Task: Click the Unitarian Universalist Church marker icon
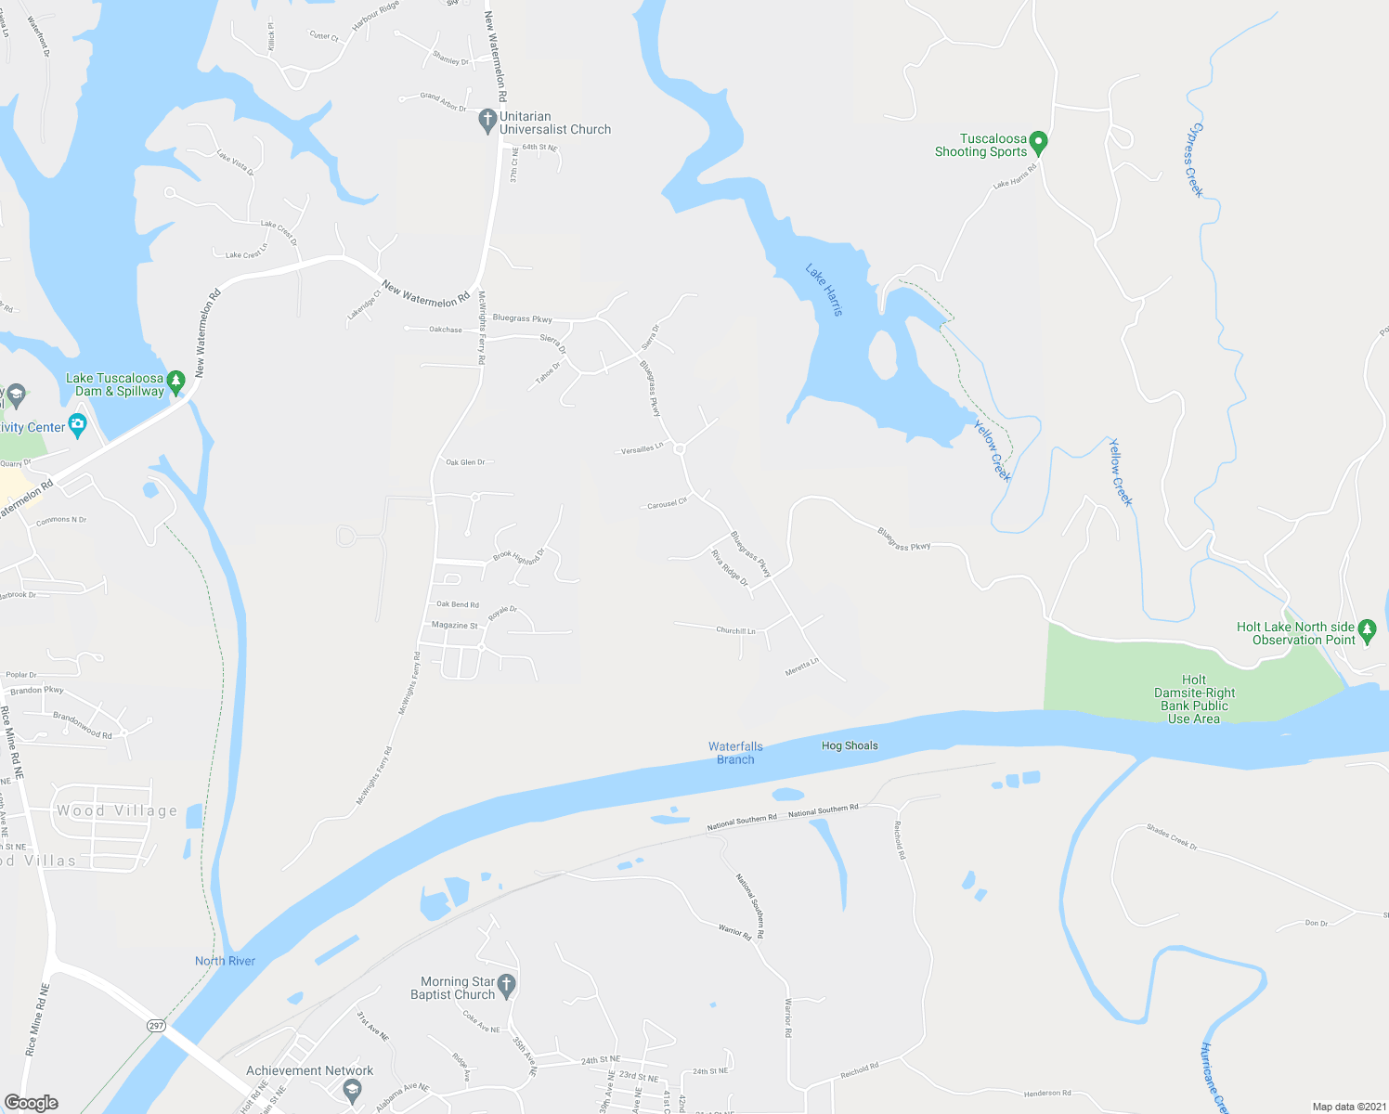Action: coord(487,121)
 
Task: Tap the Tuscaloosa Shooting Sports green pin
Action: coord(1039,143)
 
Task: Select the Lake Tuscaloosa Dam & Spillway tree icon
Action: coord(175,379)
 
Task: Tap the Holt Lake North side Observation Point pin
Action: coord(1367,630)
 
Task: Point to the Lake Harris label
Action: coord(824,290)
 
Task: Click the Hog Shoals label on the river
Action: coord(850,745)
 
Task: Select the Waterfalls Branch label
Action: coord(735,753)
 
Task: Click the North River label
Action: coord(225,961)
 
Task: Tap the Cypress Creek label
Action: coord(1194,160)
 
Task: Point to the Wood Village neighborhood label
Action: coord(117,810)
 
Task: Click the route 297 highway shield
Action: coord(156,1025)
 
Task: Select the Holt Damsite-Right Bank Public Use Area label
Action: coord(1194,699)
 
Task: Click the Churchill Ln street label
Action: coord(735,630)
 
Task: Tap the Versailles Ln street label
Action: coord(643,449)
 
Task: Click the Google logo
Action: coord(32,1103)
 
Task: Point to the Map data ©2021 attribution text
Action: coord(1349,1107)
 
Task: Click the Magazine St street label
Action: coord(455,625)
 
